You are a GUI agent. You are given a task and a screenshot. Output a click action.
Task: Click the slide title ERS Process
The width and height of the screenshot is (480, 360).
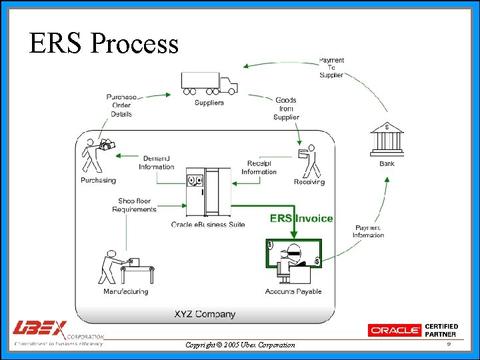104,44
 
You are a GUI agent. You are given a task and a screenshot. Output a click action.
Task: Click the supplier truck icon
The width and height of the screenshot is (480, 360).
209,83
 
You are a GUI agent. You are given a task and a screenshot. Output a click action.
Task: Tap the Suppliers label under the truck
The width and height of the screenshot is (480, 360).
209,103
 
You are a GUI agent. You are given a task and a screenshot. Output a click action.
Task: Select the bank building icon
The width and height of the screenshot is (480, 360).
387,139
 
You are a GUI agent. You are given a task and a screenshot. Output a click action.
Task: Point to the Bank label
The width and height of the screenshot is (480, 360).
387,163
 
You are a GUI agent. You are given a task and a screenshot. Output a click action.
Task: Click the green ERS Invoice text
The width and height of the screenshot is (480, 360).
301,218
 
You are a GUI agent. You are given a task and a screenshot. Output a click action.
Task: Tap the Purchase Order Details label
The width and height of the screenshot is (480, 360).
121,105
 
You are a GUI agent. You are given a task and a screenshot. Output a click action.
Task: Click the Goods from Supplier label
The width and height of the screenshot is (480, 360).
286,109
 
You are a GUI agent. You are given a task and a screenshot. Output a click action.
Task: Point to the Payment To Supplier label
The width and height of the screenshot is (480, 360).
331,67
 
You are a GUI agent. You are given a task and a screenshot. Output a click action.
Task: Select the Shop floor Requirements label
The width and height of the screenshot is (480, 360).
134,205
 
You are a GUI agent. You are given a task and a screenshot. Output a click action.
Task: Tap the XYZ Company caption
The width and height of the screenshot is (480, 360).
205,314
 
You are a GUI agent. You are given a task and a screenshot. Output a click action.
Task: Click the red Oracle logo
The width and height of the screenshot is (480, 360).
395,330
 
